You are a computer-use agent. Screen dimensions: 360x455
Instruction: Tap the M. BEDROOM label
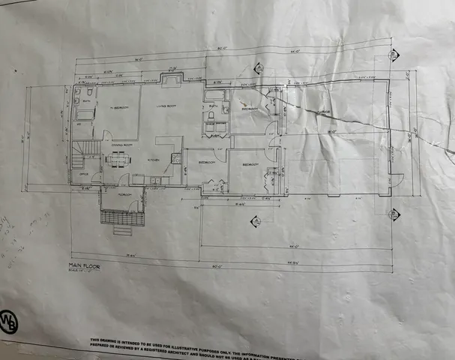click(x=118, y=109)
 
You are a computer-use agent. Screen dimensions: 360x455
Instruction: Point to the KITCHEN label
click(x=154, y=160)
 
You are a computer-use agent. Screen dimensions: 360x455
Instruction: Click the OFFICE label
click(x=83, y=174)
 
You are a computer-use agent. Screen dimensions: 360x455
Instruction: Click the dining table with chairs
click(x=117, y=159)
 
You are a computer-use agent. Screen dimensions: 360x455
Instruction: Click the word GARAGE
click(x=324, y=112)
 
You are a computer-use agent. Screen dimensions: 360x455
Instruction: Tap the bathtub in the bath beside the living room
click(x=215, y=96)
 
